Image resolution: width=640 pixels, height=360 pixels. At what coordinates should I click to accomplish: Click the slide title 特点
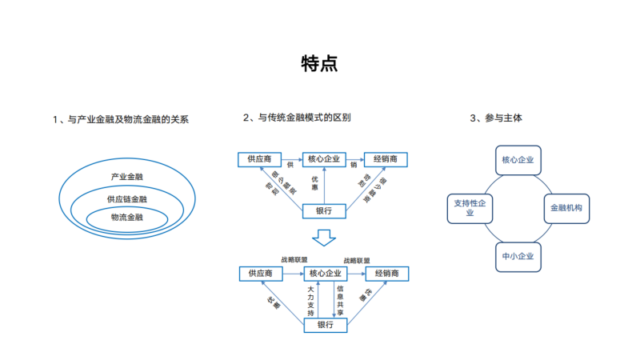319,64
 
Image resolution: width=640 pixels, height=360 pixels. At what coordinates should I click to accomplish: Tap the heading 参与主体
500,118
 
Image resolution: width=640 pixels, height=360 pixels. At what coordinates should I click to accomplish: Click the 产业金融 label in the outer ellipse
127,176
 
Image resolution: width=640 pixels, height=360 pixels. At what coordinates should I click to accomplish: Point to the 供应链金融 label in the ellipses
127,198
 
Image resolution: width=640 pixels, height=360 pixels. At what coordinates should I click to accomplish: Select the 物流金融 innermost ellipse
127,217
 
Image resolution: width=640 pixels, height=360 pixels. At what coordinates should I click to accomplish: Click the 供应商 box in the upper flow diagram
260,159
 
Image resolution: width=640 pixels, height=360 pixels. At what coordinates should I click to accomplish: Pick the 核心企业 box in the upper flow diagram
323,159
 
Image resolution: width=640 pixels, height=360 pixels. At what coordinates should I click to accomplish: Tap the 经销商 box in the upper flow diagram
386,159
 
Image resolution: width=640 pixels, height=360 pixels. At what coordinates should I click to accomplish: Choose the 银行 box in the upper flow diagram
325,211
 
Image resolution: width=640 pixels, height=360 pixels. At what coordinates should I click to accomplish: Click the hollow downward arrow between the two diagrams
324,238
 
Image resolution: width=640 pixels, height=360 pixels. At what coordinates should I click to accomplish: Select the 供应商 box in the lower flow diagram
261,274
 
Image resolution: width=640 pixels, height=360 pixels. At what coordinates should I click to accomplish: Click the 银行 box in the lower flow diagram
325,325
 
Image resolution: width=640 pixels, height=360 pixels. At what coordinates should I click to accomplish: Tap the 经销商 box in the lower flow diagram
386,274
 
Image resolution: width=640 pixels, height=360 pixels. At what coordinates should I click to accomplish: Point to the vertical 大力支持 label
311,300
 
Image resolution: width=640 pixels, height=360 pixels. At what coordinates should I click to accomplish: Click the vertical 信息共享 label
340,300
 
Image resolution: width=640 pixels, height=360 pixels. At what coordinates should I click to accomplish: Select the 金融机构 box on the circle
567,208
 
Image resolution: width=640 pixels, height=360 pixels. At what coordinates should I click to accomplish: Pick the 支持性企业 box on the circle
470,208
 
